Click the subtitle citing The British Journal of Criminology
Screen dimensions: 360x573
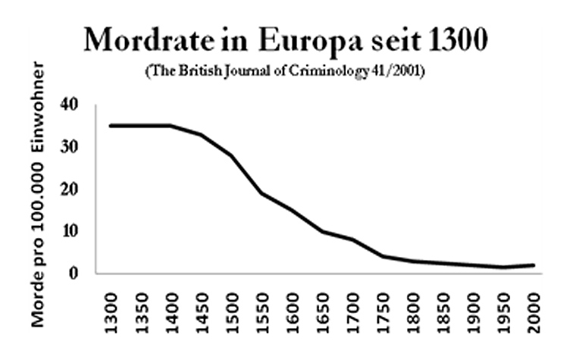tap(285, 72)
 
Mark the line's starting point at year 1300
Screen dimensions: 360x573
tap(111, 126)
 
